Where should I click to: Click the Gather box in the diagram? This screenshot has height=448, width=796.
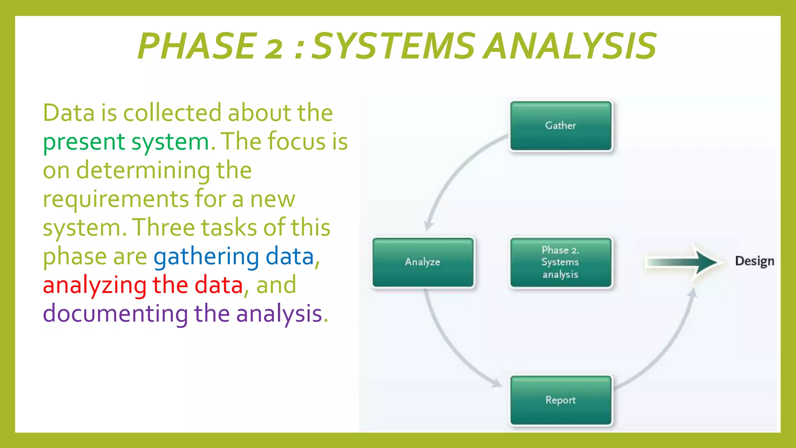(560, 126)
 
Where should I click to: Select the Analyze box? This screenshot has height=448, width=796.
(423, 262)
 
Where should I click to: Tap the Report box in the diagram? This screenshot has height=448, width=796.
(560, 400)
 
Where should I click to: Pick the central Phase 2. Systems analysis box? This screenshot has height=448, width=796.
(560, 262)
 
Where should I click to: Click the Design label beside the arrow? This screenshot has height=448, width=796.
(754, 261)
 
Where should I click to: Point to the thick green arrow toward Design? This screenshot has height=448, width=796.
(684, 262)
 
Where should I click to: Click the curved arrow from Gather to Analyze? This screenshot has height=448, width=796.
(451, 179)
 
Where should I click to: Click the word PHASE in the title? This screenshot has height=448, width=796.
(197, 46)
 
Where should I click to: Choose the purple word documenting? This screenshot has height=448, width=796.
(115, 314)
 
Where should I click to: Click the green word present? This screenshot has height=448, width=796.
(84, 142)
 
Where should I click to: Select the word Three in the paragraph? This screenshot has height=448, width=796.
(163, 228)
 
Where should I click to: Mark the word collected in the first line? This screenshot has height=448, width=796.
(172, 113)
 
